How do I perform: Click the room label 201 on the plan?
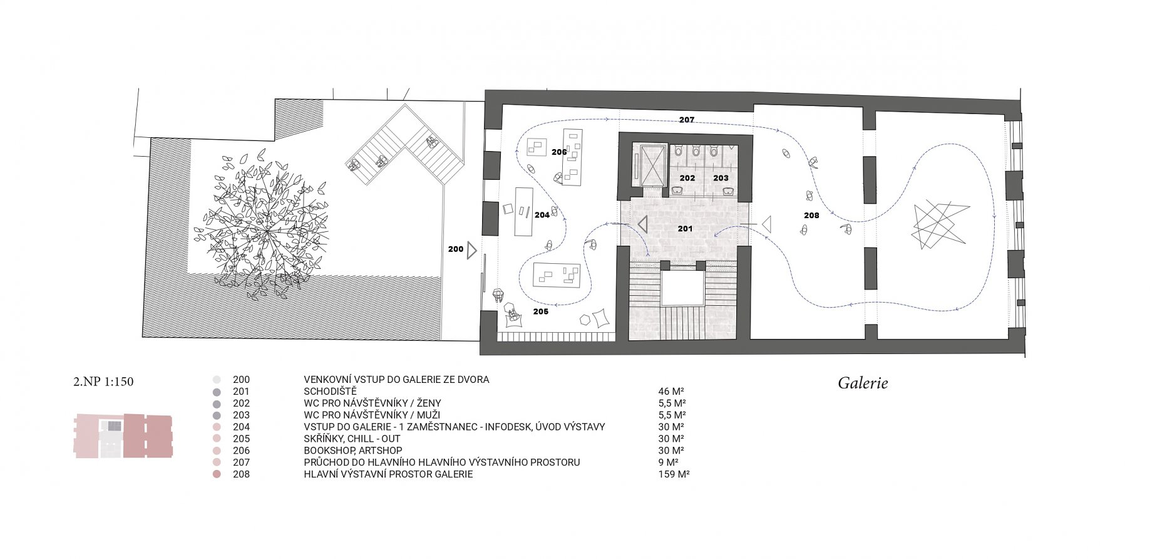point(685,229)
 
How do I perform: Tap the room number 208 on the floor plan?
point(811,215)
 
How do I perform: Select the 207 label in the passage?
point(687,120)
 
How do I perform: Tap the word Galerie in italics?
point(863,383)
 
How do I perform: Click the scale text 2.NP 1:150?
point(103,381)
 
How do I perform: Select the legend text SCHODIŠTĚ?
point(330,391)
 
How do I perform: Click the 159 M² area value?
point(674,474)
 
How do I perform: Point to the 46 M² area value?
point(671,391)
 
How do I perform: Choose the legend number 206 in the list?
point(241,451)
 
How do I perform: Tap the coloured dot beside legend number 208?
point(217,474)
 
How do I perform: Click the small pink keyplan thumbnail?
point(123,436)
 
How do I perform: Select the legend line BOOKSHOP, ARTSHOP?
point(353,451)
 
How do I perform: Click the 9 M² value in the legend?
point(668,462)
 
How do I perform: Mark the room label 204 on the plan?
point(542,215)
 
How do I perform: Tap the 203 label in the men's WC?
point(721,178)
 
